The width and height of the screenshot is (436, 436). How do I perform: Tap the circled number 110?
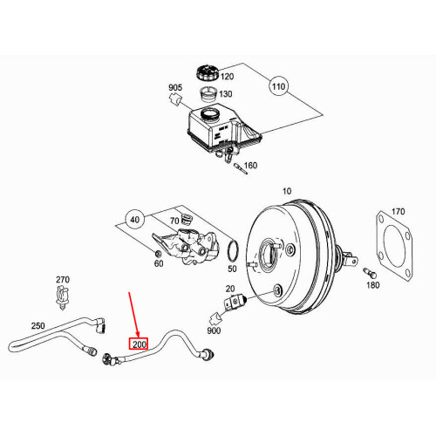click(278, 88)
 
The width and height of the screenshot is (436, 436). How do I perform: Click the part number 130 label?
click(225, 94)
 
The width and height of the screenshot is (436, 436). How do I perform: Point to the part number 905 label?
click(174, 87)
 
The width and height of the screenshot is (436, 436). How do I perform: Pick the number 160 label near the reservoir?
click(250, 165)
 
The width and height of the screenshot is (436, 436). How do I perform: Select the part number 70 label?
click(174, 221)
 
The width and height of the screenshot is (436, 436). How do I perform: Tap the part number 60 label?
click(158, 263)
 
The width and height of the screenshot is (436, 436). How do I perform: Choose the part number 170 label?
click(398, 212)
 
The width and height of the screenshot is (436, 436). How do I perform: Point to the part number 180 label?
click(373, 285)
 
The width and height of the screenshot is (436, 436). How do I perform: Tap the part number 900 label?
click(215, 332)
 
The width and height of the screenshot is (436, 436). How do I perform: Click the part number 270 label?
click(62, 280)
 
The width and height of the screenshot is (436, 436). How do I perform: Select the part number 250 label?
click(37, 325)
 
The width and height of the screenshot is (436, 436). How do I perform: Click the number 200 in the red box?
click(140, 344)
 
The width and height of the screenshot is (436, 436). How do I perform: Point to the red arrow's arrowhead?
click(137, 334)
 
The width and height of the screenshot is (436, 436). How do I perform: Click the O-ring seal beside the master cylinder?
click(232, 252)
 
